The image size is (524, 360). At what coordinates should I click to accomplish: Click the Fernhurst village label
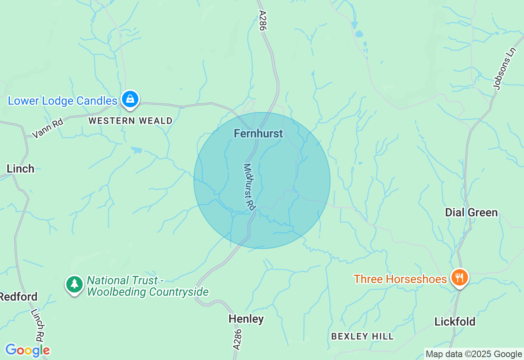(x=258, y=133)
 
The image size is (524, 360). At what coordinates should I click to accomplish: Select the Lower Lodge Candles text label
(x=63, y=101)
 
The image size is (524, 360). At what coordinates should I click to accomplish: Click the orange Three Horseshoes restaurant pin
(x=460, y=278)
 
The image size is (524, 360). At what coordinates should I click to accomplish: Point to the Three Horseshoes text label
(x=400, y=279)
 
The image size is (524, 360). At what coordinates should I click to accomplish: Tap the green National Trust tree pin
(x=74, y=284)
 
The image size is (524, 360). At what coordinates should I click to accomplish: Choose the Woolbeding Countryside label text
(x=148, y=292)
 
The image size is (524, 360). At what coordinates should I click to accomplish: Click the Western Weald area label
(x=131, y=121)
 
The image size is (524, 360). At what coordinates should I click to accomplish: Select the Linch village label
(x=20, y=169)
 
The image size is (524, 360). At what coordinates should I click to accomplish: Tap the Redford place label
(x=19, y=297)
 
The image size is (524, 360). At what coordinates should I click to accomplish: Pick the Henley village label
(x=246, y=319)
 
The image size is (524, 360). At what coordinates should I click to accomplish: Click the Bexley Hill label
(x=362, y=336)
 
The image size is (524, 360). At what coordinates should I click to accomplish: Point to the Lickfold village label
(x=455, y=322)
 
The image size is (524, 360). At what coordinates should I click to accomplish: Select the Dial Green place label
(x=471, y=212)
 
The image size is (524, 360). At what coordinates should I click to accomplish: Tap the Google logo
(x=27, y=350)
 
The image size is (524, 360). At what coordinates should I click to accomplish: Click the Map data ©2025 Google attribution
(x=474, y=354)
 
